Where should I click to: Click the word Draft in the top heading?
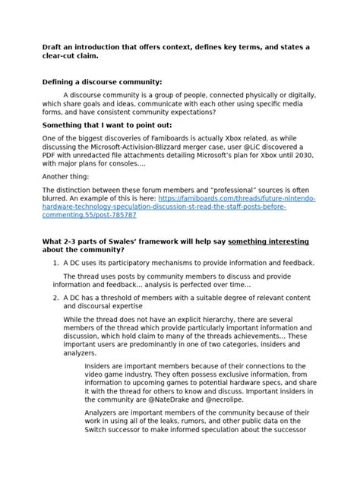point(53,47)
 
